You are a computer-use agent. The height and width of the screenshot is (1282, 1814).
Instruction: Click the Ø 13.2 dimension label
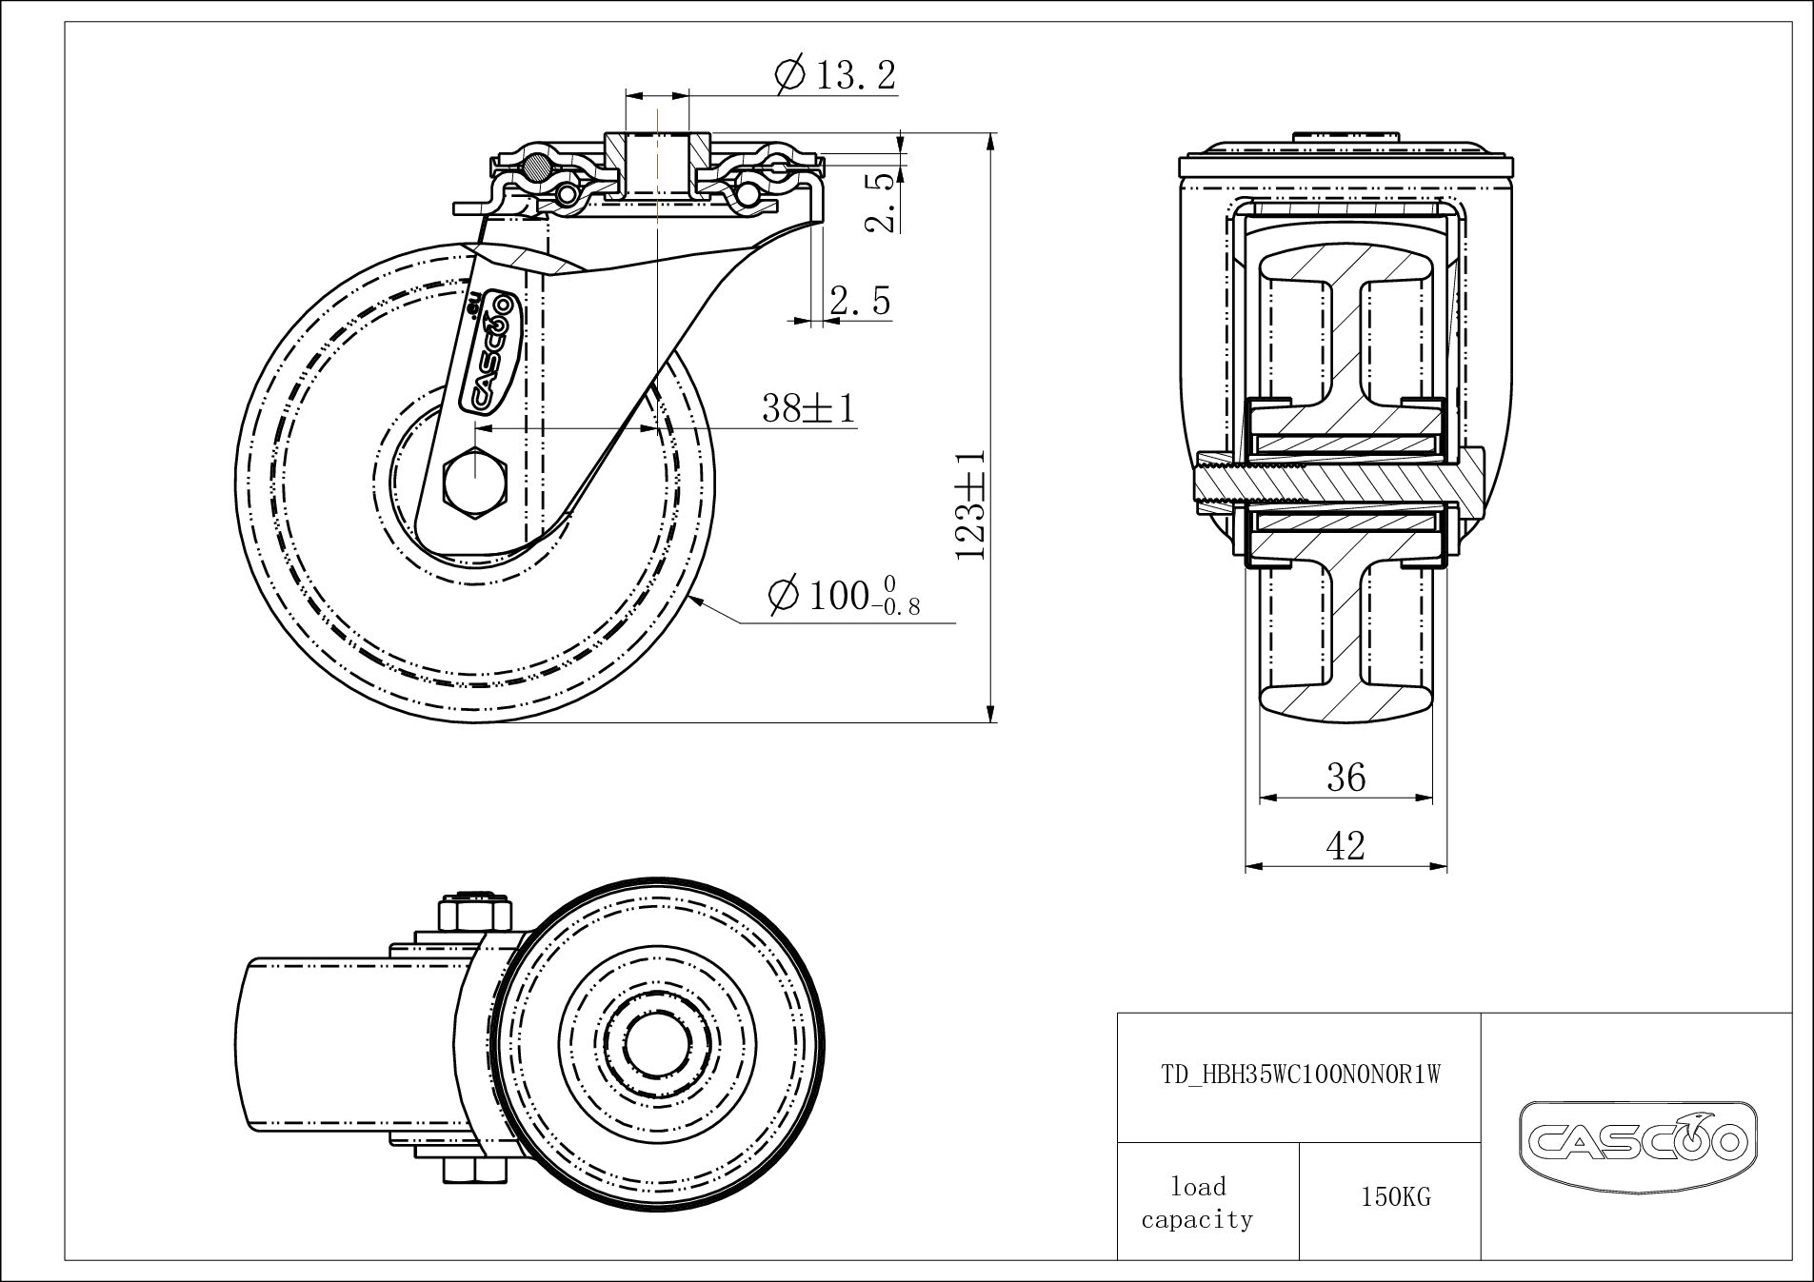coord(836,74)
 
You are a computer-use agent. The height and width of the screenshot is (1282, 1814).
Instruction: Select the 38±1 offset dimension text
coord(808,408)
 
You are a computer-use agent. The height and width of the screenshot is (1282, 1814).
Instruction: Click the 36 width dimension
coord(1346,778)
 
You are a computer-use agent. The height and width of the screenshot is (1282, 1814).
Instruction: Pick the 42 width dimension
coord(1346,845)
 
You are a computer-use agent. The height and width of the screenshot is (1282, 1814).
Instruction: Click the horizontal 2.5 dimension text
coord(860,301)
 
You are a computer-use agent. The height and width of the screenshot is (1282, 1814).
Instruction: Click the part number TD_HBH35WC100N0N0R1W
coord(1300,1075)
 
